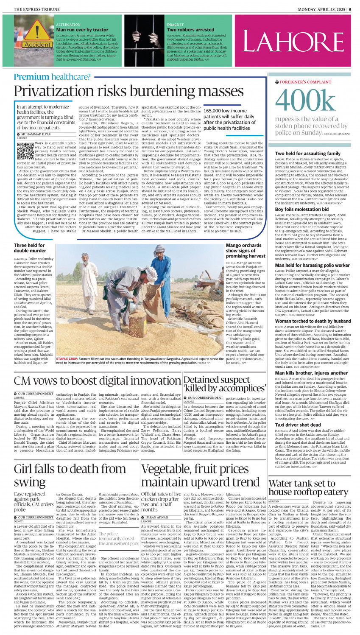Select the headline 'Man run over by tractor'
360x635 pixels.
coord(82,30)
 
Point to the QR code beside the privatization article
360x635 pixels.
coord(22,149)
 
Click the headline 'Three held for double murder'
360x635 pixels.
coord(29,248)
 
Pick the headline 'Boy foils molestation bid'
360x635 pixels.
coord(301,209)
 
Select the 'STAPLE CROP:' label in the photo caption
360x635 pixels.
coord(67,359)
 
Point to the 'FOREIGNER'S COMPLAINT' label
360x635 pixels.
coord(305,82)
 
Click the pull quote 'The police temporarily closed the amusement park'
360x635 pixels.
coord(118,539)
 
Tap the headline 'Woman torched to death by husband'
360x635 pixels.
coord(313,321)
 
